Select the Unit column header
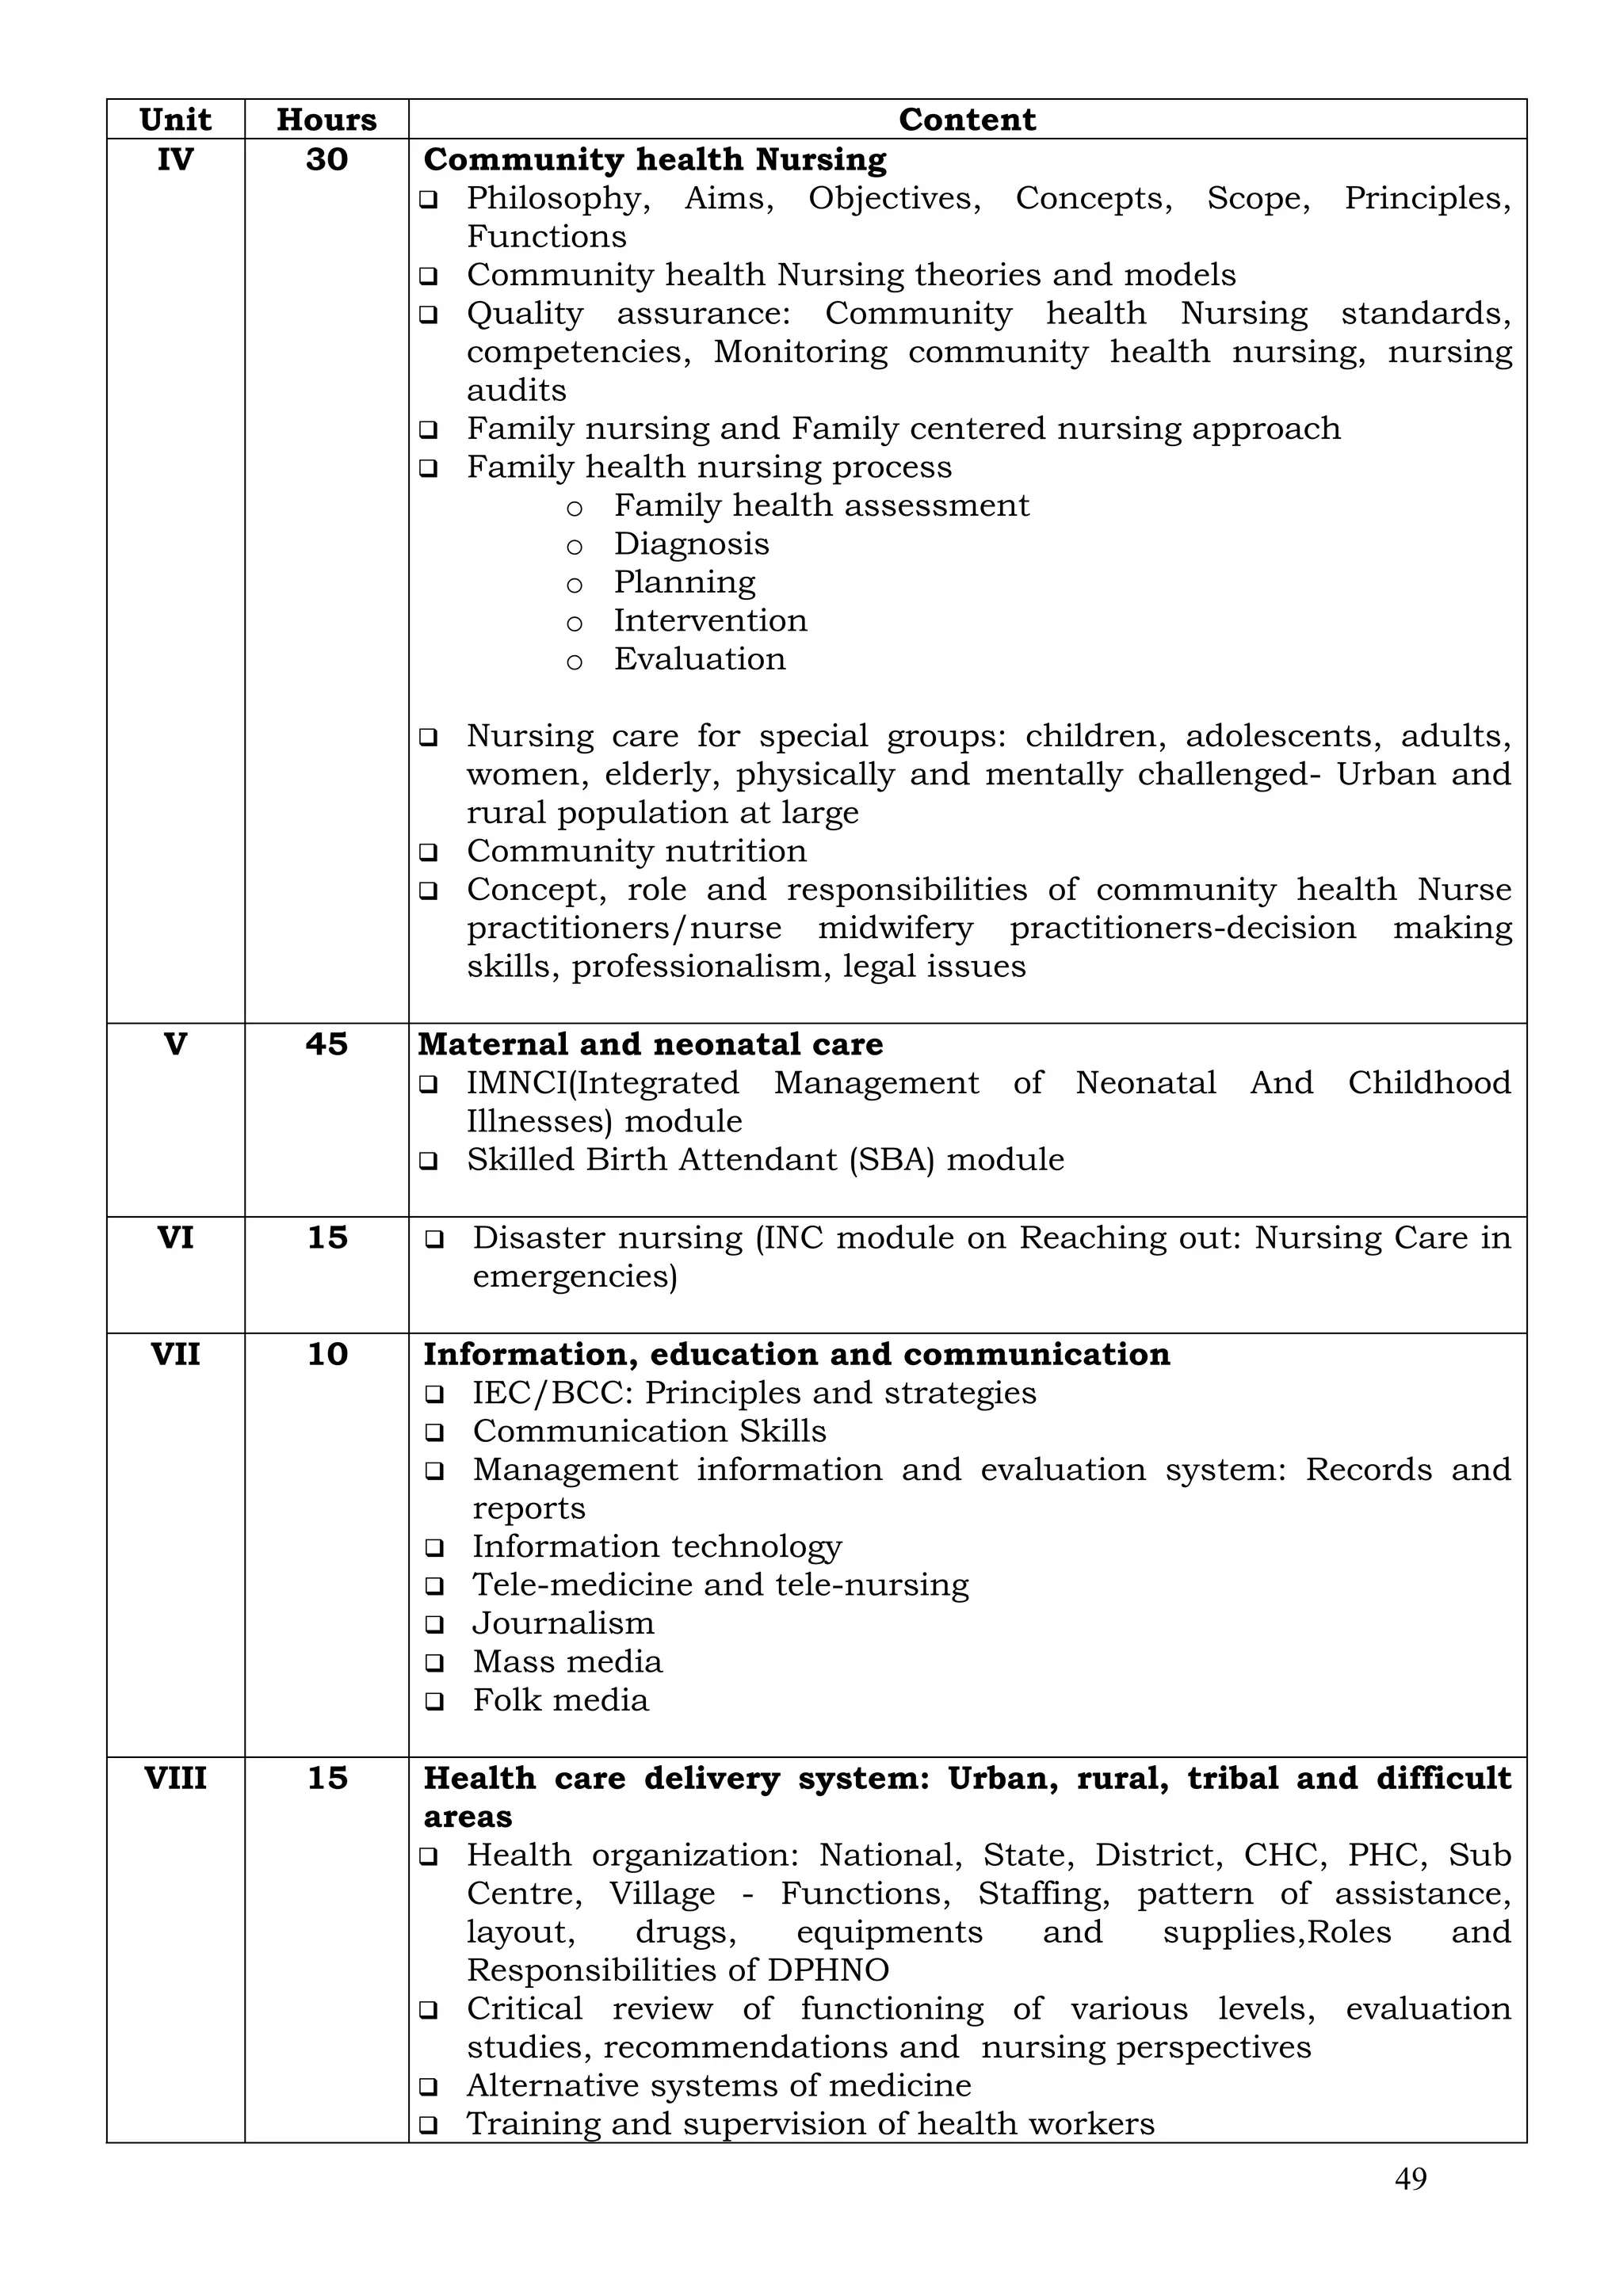pyautogui.click(x=175, y=119)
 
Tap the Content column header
pyautogui.click(x=966, y=119)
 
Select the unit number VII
pyautogui.click(x=175, y=1353)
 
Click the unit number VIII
pyautogui.click(x=175, y=1777)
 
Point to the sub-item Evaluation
pyautogui.click(x=699, y=658)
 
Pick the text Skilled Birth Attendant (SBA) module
pyautogui.click(x=765, y=1159)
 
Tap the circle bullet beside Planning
pyautogui.click(x=574, y=584)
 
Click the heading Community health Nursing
pyautogui.click(x=655, y=159)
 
